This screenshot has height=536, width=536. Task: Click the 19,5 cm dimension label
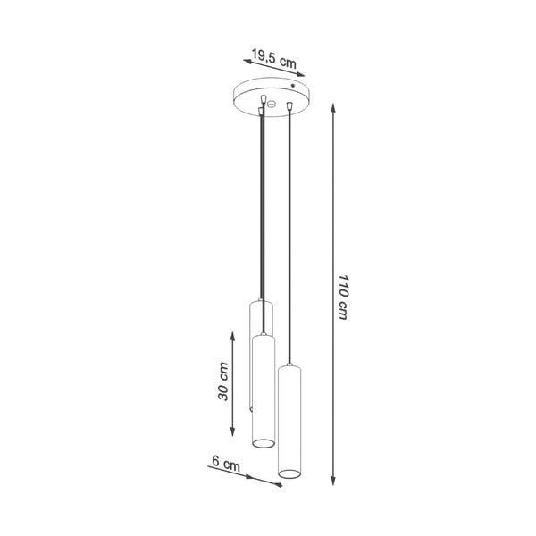(x=273, y=60)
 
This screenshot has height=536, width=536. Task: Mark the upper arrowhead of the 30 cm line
(x=234, y=332)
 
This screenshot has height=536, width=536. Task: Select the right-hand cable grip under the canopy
(x=290, y=106)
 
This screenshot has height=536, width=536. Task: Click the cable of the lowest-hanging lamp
(x=291, y=232)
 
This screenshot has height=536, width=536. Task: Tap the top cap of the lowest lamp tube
(x=291, y=367)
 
